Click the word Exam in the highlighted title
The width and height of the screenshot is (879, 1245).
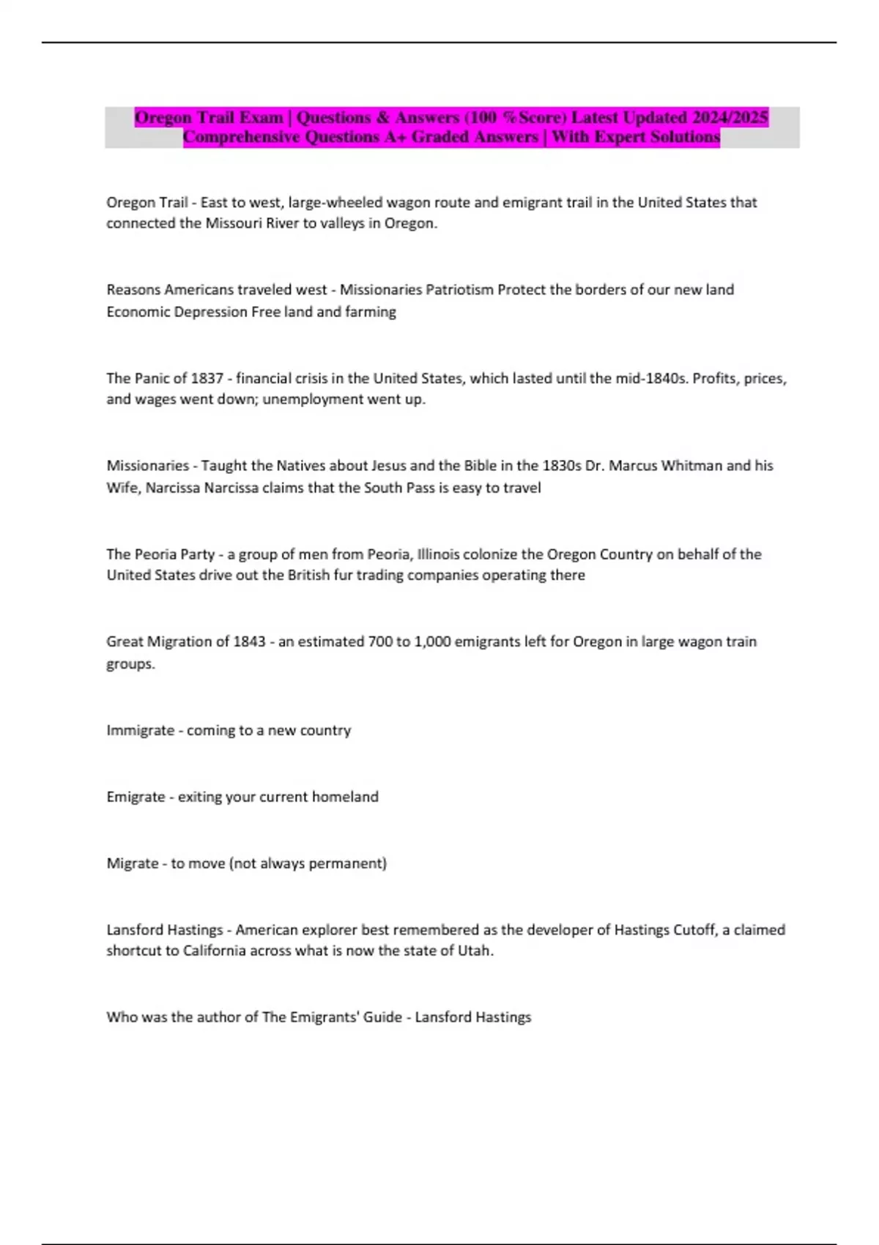coord(261,117)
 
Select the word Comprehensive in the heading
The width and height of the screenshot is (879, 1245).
coord(241,137)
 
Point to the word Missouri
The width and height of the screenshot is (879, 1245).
coord(233,223)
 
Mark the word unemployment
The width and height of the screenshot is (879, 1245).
coord(307,399)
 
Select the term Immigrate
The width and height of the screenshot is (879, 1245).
coord(140,731)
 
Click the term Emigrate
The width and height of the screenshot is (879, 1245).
coord(136,797)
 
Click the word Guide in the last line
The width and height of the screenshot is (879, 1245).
coord(382,1017)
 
